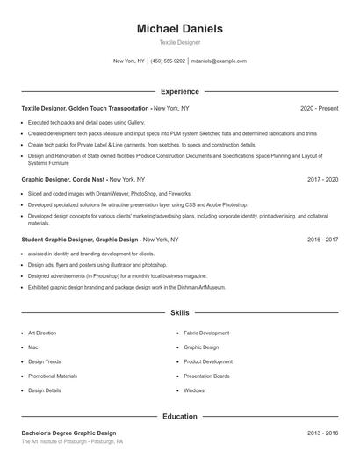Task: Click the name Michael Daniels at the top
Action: pyautogui.click(x=179, y=29)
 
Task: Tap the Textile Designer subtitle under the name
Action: pyautogui.click(x=179, y=42)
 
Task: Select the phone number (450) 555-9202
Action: pyautogui.click(x=168, y=61)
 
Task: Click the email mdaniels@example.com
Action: pyautogui.click(x=219, y=61)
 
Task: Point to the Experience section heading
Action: pyautogui.click(x=179, y=91)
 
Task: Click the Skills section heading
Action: pyautogui.click(x=179, y=312)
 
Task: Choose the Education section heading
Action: pyautogui.click(x=179, y=417)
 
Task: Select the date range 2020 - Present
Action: pyautogui.click(x=319, y=108)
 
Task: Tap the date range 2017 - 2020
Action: pyautogui.click(x=322, y=179)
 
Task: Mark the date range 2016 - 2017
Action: pyautogui.click(x=322, y=239)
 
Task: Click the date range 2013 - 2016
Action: pyautogui.click(x=322, y=433)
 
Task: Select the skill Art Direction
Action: pyautogui.click(x=42, y=333)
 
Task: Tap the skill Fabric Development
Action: pyautogui.click(x=206, y=333)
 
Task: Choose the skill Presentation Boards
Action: pyautogui.click(x=207, y=376)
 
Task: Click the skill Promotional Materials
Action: pyautogui.click(x=53, y=376)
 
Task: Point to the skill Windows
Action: pyautogui.click(x=194, y=390)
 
